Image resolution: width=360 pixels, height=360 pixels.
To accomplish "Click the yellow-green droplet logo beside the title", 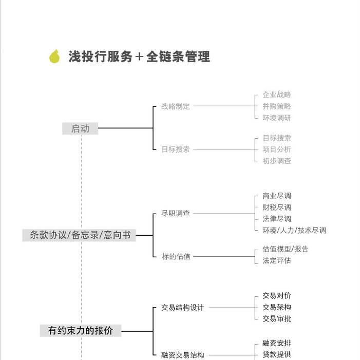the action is tap(54, 56).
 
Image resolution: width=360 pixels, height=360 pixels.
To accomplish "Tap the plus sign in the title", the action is tap(139, 56).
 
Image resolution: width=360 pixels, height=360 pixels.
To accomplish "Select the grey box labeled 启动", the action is tap(80, 128).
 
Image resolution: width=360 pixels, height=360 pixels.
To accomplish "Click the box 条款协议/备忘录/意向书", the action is tap(79, 235).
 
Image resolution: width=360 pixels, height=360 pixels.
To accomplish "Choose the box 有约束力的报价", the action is tap(81, 331).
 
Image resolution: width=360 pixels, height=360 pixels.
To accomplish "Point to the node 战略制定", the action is tap(176, 106).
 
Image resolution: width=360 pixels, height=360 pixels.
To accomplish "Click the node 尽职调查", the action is tap(176, 213).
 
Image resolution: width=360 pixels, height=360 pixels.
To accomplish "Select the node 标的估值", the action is tap(176, 256).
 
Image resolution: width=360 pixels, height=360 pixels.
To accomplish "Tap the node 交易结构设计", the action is tap(182, 308).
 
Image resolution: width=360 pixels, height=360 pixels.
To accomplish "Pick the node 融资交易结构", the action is tap(182, 355).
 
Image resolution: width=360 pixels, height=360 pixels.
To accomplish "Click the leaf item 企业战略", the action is tap(277, 94).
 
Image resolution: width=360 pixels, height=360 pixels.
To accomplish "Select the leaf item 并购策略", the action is tap(277, 106).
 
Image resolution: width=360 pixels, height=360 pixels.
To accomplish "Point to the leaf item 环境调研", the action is tap(277, 118).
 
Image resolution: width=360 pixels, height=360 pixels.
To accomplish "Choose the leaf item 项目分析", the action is tap(277, 149).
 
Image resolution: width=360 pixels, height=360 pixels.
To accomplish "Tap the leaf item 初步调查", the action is tap(277, 161).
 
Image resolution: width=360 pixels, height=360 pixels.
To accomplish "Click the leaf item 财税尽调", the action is tap(277, 207).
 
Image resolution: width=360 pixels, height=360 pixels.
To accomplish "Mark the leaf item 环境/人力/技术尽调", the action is tap(294, 230).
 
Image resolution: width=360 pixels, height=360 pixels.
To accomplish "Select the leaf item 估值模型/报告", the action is tap(286, 249).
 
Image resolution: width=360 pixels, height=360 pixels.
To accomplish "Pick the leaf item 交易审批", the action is tap(277, 319).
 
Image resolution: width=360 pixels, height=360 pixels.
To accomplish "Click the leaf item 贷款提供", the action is tap(277, 355).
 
